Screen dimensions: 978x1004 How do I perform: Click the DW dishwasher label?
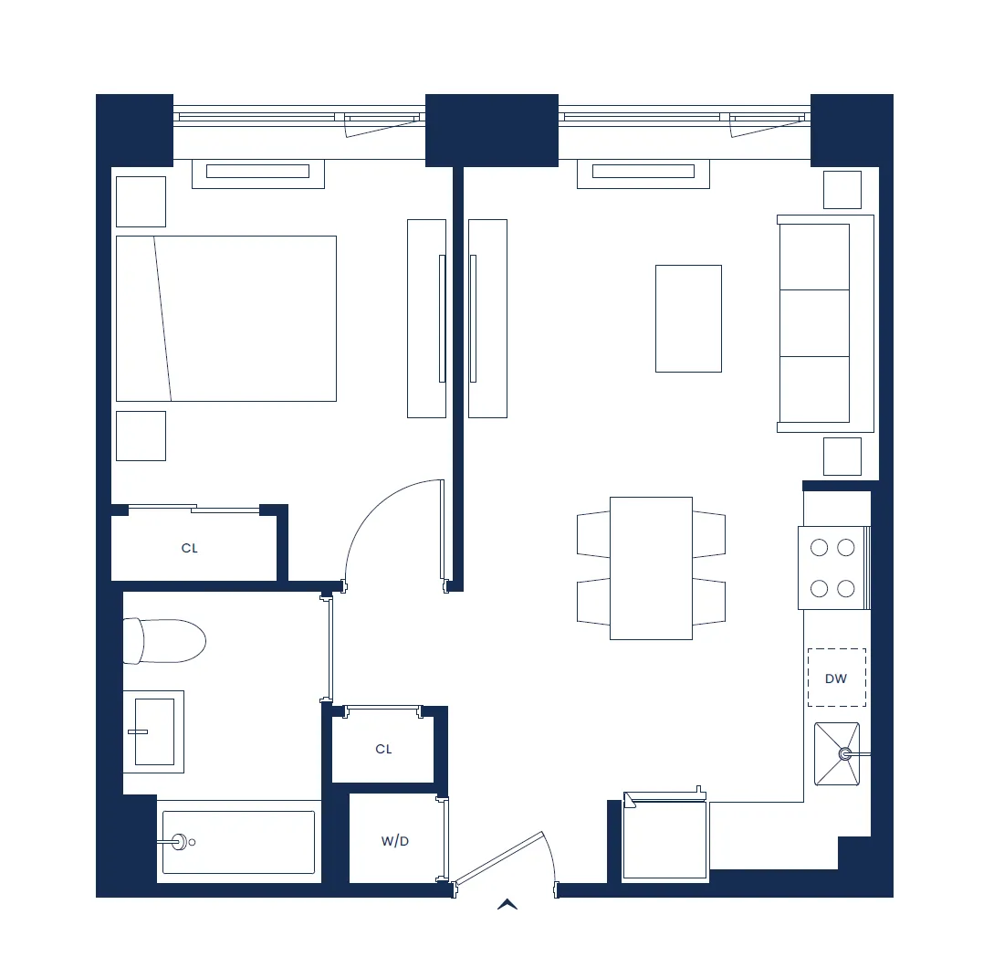(836, 678)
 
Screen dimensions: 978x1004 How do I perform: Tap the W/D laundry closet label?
(395, 841)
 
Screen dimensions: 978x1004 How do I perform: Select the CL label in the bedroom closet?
(190, 549)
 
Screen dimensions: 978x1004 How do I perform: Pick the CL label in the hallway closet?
(383, 749)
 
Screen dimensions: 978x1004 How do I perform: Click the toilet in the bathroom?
(164, 641)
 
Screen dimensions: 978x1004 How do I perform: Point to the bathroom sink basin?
(154, 731)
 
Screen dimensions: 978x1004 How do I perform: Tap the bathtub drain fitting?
(180, 842)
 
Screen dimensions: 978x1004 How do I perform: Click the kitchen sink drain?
(845, 754)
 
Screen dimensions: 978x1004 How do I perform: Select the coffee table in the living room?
(688, 319)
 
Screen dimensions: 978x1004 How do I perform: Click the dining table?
(651, 568)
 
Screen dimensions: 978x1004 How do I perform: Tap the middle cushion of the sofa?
(814, 322)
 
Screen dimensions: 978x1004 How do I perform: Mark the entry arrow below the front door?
(507, 904)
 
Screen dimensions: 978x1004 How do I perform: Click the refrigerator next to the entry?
(664, 840)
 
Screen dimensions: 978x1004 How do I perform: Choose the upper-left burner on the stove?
(820, 547)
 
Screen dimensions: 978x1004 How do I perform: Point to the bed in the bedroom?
(226, 319)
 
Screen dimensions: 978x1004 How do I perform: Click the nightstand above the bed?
(141, 202)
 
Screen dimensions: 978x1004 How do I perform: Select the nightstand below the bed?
(141, 436)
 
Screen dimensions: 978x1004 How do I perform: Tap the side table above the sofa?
(842, 190)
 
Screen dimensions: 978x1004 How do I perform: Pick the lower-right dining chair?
(709, 602)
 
